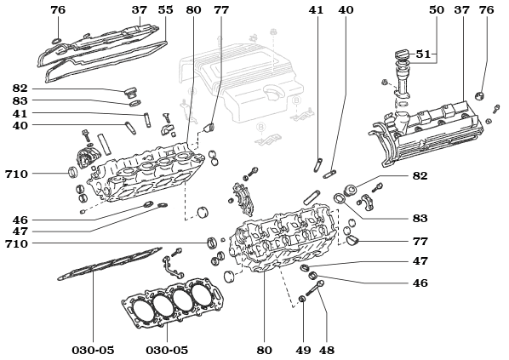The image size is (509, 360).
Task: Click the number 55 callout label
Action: [166, 10]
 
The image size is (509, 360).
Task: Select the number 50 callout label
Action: [437, 10]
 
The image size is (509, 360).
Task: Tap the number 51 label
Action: [424, 54]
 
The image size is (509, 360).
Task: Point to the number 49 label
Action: [303, 350]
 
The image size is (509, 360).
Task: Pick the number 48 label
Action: [327, 350]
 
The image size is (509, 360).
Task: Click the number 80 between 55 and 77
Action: [193, 10]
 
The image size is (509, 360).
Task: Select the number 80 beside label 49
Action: [264, 350]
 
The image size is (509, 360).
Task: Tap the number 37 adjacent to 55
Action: [140, 10]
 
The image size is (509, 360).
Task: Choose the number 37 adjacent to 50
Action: [462, 10]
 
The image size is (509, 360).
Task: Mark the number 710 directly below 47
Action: [16, 243]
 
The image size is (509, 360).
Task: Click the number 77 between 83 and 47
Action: [420, 242]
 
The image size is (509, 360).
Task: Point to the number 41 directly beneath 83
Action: [20, 113]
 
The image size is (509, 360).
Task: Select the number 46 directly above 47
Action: [20, 219]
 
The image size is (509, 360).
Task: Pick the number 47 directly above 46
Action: [420, 261]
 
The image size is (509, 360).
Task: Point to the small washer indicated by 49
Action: [303, 300]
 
